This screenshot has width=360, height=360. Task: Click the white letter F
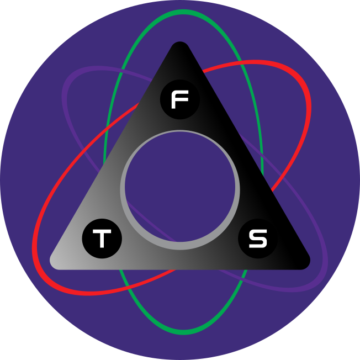(x=180, y=99)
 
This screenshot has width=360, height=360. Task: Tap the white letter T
(x=102, y=239)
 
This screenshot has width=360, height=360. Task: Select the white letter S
(x=258, y=239)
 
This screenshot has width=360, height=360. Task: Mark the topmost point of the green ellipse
(x=183, y=12)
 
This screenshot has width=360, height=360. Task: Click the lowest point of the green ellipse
(x=183, y=332)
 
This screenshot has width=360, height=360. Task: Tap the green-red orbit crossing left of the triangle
(x=107, y=129)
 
